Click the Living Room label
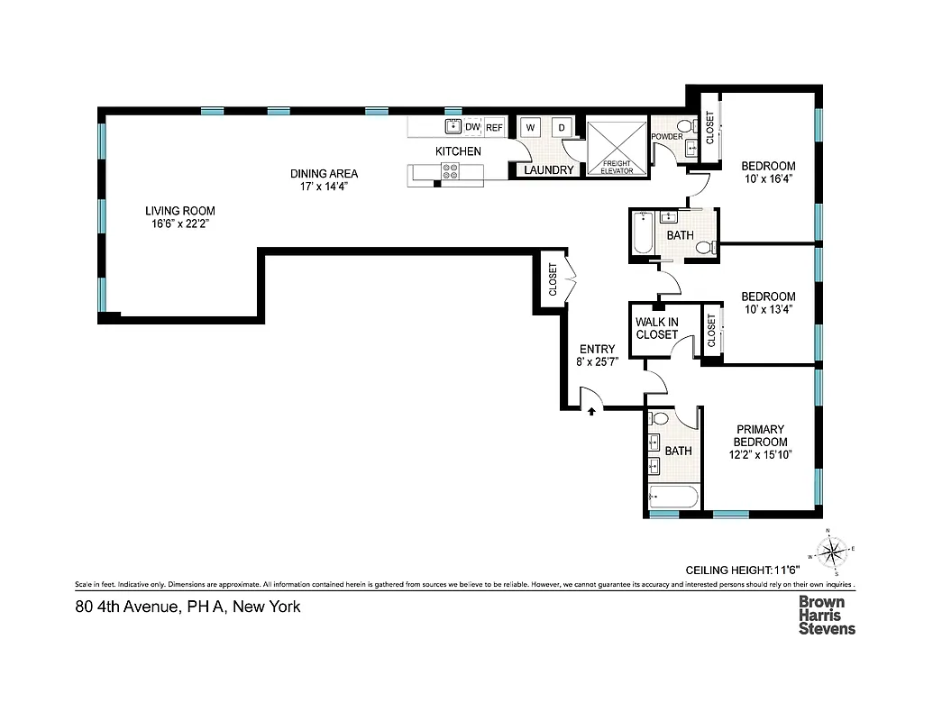[180, 211]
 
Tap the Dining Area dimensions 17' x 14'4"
[324, 187]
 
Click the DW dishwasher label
[472, 127]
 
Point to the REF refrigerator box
[495, 128]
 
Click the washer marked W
[530, 127]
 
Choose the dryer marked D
[561, 127]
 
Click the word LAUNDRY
[548, 169]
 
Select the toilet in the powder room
[684, 126]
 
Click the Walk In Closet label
[656, 328]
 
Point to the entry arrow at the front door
[591, 410]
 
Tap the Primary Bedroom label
[760, 435]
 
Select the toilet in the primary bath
[660, 418]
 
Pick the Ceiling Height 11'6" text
[743, 570]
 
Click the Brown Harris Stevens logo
[827, 616]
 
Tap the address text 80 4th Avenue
[188, 607]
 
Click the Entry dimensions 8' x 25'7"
[597, 362]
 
